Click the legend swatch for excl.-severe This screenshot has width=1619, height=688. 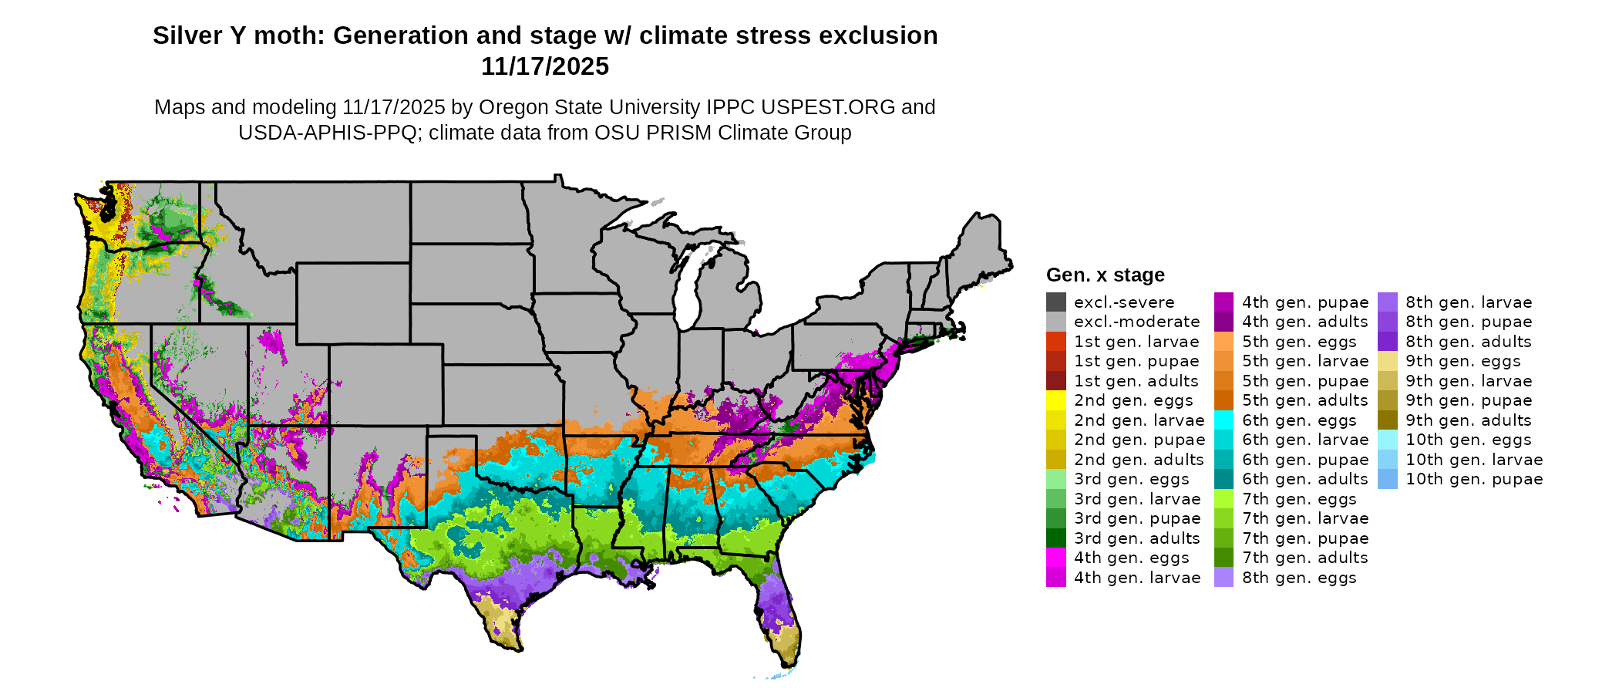pyautogui.click(x=1056, y=302)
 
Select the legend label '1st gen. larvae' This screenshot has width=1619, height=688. pyautogui.click(x=1136, y=342)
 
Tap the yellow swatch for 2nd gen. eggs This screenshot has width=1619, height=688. pyautogui.click(x=1056, y=400)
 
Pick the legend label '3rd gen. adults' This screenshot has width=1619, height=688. pyautogui.click(x=1136, y=538)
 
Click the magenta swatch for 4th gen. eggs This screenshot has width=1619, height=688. pyautogui.click(x=1056, y=558)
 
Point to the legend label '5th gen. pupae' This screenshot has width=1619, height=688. pyautogui.click(x=1304, y=381)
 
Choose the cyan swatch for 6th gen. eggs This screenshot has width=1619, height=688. pyautogui.click(x=1224, y=420)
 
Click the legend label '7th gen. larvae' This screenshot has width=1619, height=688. pyautogui.click(x=1304, y=518)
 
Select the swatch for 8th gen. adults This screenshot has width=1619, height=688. pyautogui.click(x=1388, y=342)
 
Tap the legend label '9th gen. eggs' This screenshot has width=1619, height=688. pyautogui.click(x=1462, y=361)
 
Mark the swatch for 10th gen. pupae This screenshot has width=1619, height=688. pyautogui.click(x=1388, y=479)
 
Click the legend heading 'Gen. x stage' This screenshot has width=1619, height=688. pyautogui.click(x=1105, y=275)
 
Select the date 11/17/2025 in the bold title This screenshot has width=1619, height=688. pyautogui.click(x=545, y=66)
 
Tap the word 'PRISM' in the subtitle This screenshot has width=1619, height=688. pyautogui.click(x=682, y=133)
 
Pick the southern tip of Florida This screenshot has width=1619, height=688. pyautogui.click(x=789, y=665)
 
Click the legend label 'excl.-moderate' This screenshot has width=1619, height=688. pyautogui.click(x=1136, y=322)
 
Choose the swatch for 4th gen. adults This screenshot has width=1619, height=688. pyautogui.click(x=1224, y=322)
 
